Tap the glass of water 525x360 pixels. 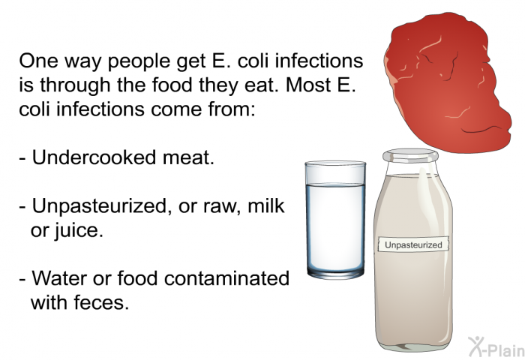[x=335, y=220]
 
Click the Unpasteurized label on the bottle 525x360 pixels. [x=413, y=244]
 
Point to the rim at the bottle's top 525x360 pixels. [x=410, y=156]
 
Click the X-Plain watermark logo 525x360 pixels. [x=496, y=346]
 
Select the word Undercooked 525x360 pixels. [x=94, y=157]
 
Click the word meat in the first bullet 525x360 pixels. [x=188, y=157]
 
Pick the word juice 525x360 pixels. [x=77, y=231]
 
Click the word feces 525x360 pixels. [x=101, y=302]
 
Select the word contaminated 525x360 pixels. [x=227, y=278]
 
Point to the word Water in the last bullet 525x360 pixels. [x=59, y=278]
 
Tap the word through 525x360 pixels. [x=75, y=85]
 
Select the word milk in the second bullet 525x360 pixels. [x=266, y=205]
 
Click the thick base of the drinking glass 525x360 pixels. [x=335, y=273]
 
